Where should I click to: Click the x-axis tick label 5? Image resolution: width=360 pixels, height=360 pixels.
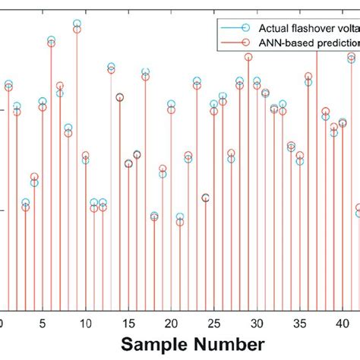click(x=43, y=322)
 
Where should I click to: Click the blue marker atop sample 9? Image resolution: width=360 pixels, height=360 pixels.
click(x=77, y=24)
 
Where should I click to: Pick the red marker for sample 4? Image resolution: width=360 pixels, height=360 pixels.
click(x=34, y=177)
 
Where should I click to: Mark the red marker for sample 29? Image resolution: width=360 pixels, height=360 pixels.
click(x=248, y=57)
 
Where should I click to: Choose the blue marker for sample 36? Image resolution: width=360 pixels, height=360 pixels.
click(x=308, y=82)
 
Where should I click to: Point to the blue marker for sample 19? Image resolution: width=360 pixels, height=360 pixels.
click(x=163, y=174)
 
